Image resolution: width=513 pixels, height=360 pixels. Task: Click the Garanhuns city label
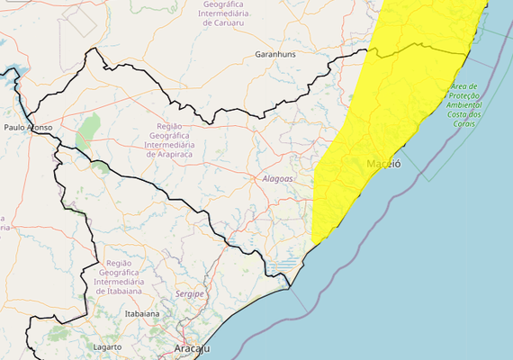point(276,55)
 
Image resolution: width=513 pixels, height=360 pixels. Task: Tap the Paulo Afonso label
point(28,128)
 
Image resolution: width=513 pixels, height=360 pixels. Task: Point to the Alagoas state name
point(277,178)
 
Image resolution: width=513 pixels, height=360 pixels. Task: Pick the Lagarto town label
point(107,346)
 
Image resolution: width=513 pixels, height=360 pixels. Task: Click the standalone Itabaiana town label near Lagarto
point(141,314)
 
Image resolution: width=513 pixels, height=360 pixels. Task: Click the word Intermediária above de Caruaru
point(230,14)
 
